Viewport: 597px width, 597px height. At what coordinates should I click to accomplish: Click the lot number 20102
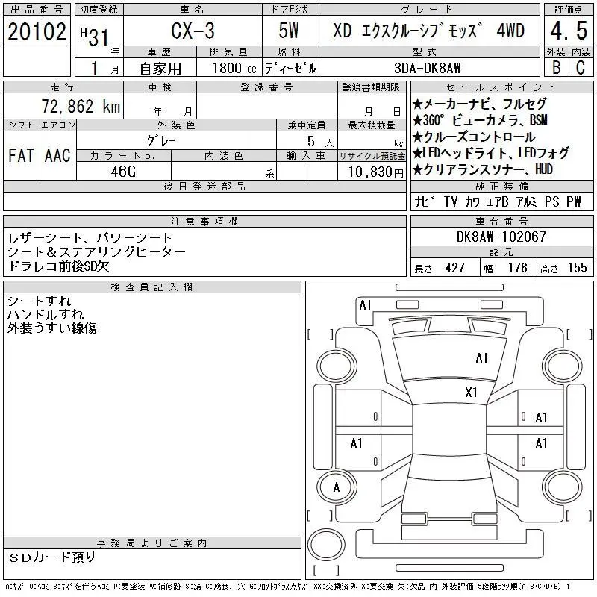click(37, 31)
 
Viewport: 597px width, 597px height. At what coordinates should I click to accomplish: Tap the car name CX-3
click(193, 31)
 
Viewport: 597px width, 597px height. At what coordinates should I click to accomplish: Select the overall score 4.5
click(569, 31)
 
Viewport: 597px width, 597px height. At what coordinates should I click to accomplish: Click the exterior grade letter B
click(556, 67)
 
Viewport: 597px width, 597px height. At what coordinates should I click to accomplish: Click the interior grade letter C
click(581, 67)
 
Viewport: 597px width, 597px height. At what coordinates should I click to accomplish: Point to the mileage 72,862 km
click(81, 106)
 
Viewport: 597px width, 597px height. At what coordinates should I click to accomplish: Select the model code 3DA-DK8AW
click(427, 68)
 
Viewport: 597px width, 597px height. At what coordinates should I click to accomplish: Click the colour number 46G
click(123, 172)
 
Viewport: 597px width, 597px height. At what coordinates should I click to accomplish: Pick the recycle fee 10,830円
click(376, 172)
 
